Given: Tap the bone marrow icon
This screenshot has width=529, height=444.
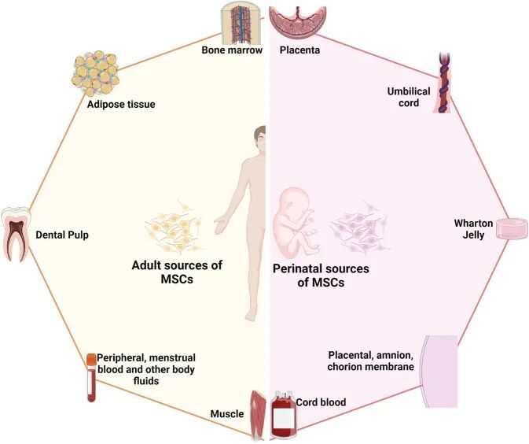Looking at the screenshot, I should pyautogui.click(x=239, y=22).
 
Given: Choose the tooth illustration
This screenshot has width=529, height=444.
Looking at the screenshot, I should pyautogui.click(x=16, y=233).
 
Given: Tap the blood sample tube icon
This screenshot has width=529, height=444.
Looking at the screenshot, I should pyautogui.click(x=91, y=378).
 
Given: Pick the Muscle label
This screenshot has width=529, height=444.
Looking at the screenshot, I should pyautogui.click(x=226, y=413).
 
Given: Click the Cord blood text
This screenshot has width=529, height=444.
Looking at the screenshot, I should pyautogui.click(x=321, y=403).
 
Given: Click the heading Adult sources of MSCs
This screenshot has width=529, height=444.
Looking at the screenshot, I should pyautogui.click(x=176, y=272).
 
